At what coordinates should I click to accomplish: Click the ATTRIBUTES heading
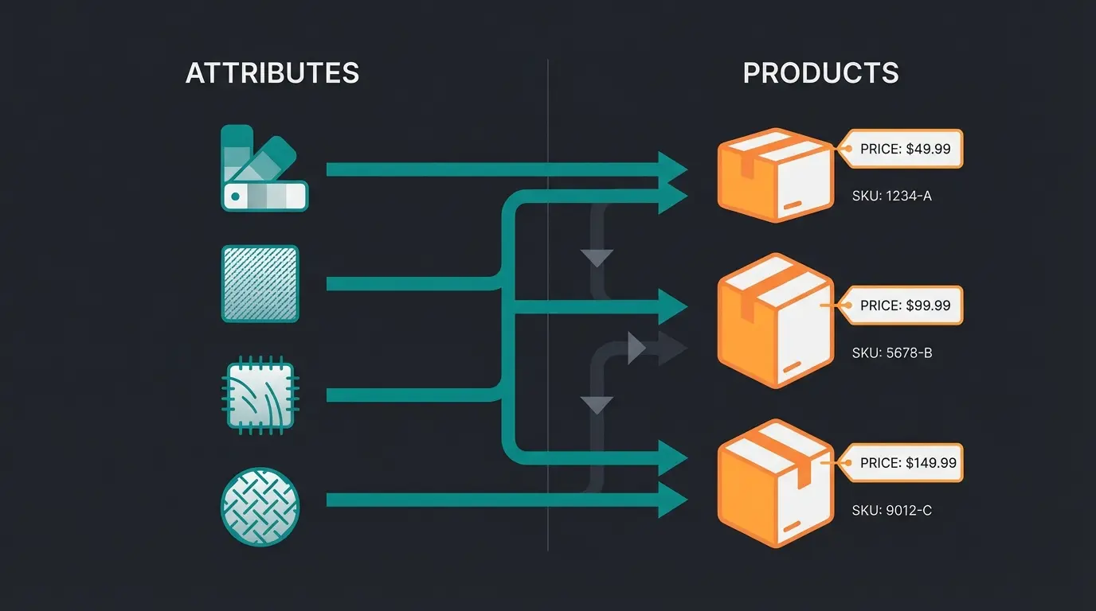(272, 73)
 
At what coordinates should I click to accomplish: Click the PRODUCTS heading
(820, 73)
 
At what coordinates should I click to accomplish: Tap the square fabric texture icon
(260, 283)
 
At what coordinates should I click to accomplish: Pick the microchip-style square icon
(260, 395)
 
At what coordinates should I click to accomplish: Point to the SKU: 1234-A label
(891, 195)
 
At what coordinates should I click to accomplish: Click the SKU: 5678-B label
(891, 352)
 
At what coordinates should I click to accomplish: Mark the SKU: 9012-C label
(891, 510)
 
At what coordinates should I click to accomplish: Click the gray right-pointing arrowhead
(637, 348)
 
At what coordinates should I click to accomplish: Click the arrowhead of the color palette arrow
(671, 169)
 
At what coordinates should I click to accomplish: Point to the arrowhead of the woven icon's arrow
(671, 500)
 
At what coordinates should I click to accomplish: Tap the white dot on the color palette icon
(235, 195)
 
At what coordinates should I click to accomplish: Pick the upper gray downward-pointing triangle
(597, 258)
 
